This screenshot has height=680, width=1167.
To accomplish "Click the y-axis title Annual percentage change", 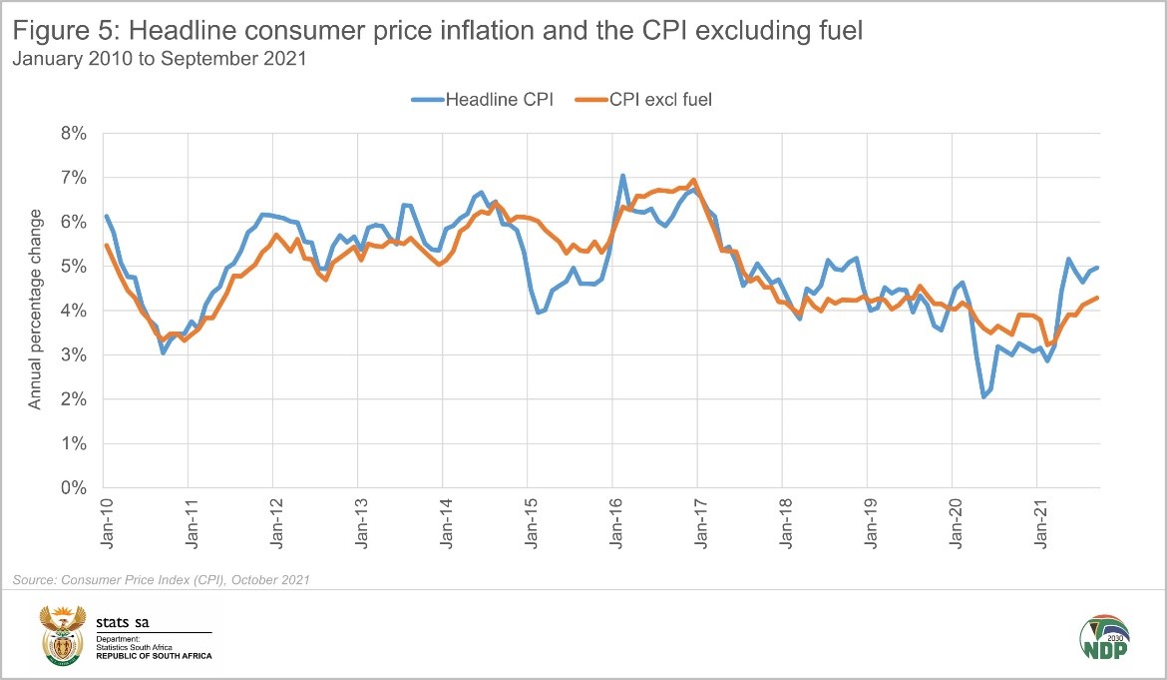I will tap(35, 310).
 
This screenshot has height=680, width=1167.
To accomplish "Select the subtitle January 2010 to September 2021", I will tap(160, 58).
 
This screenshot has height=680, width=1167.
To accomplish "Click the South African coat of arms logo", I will tap(63, 634).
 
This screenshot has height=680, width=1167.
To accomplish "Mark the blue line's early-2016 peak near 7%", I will tap(622, 176).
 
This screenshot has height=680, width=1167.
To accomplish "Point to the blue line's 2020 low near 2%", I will tap(984, 396).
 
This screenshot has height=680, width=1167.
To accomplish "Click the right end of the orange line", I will tap(1097, 298).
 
